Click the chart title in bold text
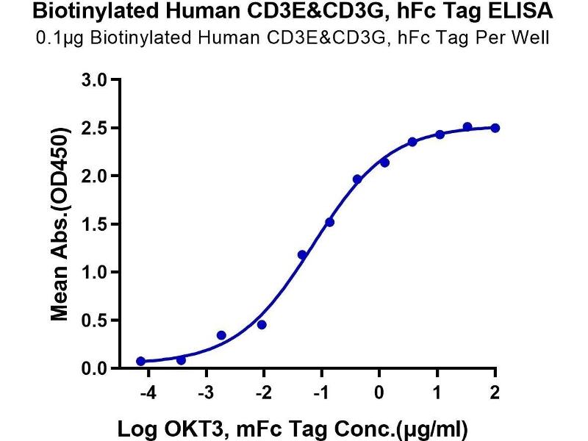[294, 12]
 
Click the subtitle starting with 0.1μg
[294, 37]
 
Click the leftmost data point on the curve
[140, 361]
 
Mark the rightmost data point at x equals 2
[495, 128]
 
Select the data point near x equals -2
[262, 324]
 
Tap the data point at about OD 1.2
[302, 254]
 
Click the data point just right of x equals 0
[384, 162]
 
